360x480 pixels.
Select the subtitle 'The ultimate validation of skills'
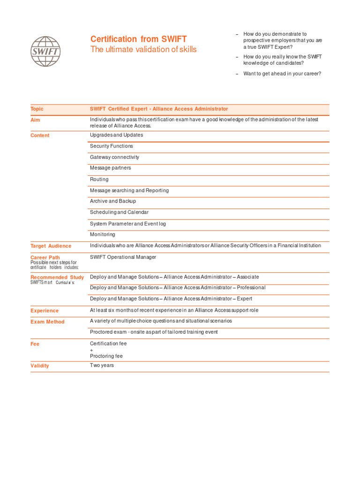143,50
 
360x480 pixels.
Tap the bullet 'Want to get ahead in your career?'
282,74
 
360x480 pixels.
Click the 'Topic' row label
37,109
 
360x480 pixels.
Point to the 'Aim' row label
35,120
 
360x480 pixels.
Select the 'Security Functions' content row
111,146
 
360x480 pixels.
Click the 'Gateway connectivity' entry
114,157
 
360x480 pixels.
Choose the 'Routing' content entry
99,179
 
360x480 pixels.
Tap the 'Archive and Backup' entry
112,201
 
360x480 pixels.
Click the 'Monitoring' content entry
102,234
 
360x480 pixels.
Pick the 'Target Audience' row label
51,246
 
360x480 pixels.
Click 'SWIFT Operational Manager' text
123,257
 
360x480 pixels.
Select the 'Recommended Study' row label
57,277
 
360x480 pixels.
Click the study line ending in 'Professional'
177,288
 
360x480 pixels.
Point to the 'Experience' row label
45,311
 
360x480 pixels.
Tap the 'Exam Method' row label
47,322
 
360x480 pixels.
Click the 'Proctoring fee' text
106,356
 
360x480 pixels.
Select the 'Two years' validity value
102,365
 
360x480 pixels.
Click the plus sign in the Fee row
91,350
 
